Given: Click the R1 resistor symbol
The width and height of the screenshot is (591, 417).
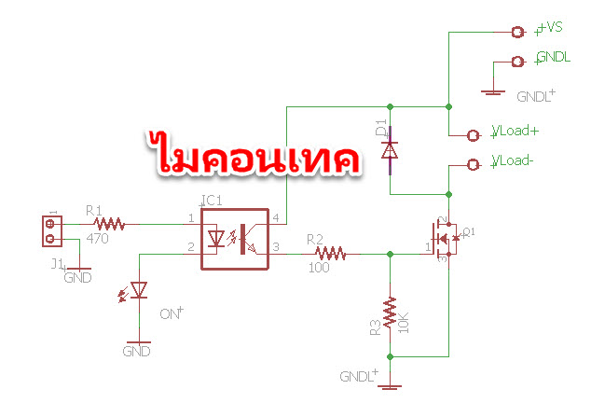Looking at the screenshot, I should (110, 224).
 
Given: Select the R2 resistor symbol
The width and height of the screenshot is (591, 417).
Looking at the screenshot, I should (331, 252).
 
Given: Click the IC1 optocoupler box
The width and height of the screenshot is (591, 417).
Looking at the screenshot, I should (235, 239).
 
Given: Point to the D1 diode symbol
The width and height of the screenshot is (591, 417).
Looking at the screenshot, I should (391, 149).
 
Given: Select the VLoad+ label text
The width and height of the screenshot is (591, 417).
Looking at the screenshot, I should (515, 132).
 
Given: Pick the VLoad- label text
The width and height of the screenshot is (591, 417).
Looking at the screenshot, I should (513, 160).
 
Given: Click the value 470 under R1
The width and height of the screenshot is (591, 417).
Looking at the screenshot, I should (97, 239).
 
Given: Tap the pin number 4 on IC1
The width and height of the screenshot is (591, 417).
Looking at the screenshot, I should (274, 218).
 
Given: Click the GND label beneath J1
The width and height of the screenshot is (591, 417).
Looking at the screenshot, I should (77, 277).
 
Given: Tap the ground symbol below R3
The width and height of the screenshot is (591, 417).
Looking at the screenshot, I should (391, 385).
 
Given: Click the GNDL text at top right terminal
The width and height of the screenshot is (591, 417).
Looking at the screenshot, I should (554, 57).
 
